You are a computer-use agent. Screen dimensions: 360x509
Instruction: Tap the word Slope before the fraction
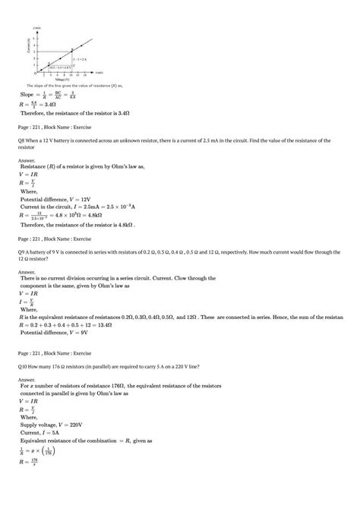click(29, 94)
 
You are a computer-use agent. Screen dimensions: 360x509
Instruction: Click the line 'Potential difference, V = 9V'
click(55, 333)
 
